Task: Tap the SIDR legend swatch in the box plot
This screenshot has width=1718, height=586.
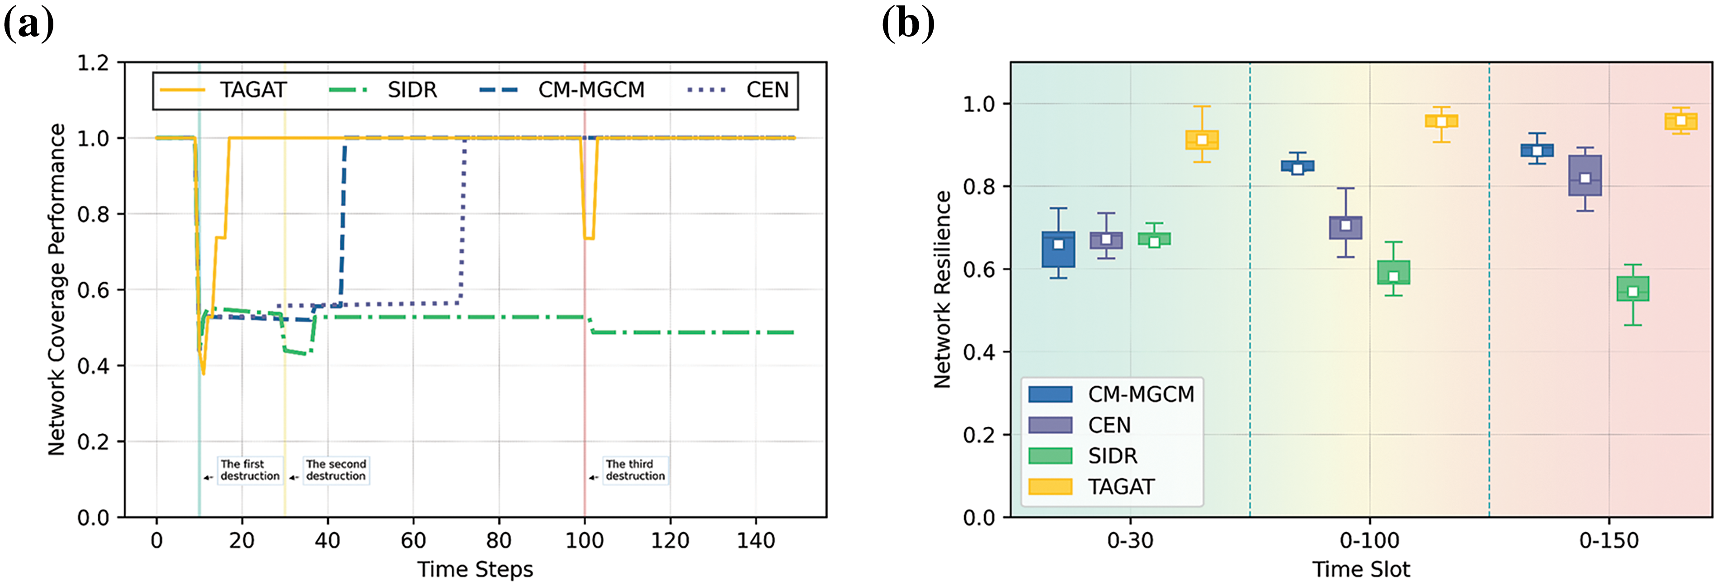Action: (x=1050, y=456)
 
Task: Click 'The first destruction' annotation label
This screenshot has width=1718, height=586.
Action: (x=250, y=470)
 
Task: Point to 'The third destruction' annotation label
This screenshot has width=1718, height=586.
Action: (x=635, y=470)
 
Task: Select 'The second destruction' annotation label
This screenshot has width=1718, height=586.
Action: (x=335, y=470)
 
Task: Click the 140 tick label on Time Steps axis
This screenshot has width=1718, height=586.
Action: (x=755, y=541)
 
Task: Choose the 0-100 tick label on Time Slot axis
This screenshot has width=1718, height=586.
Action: (x=1369, y=541)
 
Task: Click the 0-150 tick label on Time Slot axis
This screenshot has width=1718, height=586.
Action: (x=1609, y=541)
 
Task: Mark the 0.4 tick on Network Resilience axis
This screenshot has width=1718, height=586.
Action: (x=978, y=352)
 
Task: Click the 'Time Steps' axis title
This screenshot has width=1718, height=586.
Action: (x=475, y=570)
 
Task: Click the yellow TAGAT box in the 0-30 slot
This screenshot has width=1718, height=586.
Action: (x=1202, y=140)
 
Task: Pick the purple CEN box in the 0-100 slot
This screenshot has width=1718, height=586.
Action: (x=1345, y=228)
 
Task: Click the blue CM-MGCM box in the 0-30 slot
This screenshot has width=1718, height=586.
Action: (x=1058, y=249)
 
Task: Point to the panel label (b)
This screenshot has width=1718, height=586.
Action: (x=908, y=25)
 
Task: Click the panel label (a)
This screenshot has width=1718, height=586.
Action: (x=28, y=25)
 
